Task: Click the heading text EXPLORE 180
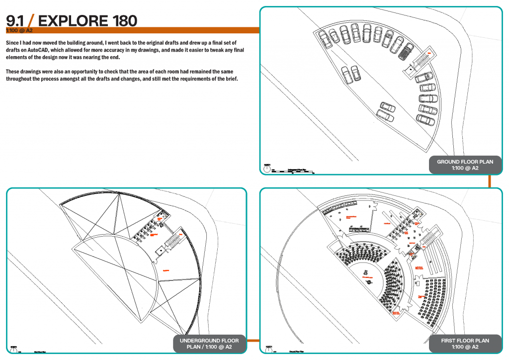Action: tap(87, 20)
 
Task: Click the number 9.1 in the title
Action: tap(15, 20)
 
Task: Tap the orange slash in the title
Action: tap(31, 20)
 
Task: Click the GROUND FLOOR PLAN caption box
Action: tap(465, 165)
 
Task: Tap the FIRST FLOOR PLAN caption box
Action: tap(465, 344)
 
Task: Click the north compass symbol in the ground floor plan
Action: tap(267, 168)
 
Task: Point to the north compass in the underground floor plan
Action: tap(12, 349)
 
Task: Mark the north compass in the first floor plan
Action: tap(268, 349)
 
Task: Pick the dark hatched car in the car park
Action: tap(406, 51)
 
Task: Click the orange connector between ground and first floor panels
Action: tap(490, 181)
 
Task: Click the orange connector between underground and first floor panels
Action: tap(253, 341)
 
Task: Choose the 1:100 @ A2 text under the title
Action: tap(19, 30)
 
